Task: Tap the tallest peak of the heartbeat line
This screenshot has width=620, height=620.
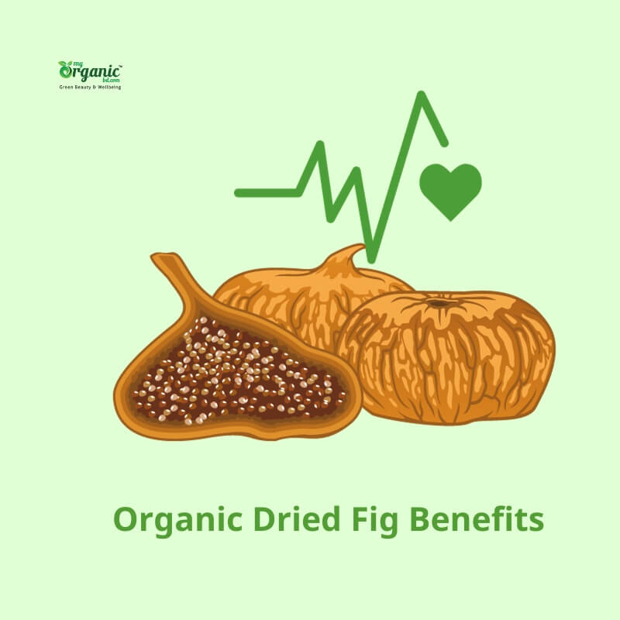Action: coord(422,96)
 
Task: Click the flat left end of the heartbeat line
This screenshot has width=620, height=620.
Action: coord(240,191)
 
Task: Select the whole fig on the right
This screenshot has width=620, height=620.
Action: coord(449,356)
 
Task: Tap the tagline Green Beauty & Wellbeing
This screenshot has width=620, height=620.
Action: coord(91,87)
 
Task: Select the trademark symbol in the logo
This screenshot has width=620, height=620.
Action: coord(119,67)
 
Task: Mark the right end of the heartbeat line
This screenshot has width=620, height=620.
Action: coord(444,143)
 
